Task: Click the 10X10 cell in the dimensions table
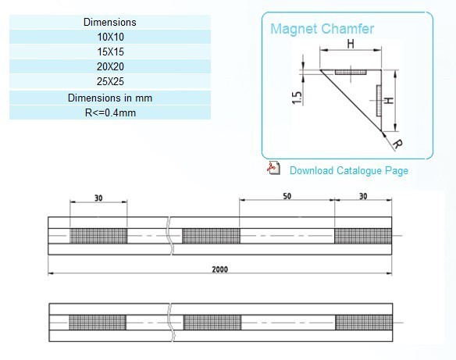pyautogui.click(x=110, y=37)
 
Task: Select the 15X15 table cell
pyautogui.click(x=110, y=52)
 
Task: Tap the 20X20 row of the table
pyautogui.click(x=110, y=66)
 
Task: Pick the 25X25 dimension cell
pyautogui.click(x=110, y=81)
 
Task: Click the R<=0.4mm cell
pyautogui.click(x=110, y=112)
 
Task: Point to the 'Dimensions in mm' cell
pyautogui.click(x=110, y=98)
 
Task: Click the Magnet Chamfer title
pyautogui.click(x=322, y=29)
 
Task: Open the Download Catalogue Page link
pyautogui.click(x=349, y=170)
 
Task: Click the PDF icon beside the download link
pyautogui.click(x=273, y=168)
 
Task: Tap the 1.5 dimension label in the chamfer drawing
pyautogui.click(x=297, y=98)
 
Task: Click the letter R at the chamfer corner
pyautogui.click(x=397, y=144)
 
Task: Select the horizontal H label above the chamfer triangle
pyautogui.click(x=351, y=44)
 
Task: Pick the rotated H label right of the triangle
pyautogui.click(x=389, y=101)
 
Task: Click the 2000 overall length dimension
pyautogui.click(x=220, y=269)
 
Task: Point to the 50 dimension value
pyautogui.click(x=287, y=196)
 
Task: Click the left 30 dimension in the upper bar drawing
pyautogui.click(x=98, y=198)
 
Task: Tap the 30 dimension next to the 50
pyautogui.click(x=363, y=197)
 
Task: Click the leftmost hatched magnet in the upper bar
pyautogui.click(x=98, y=236)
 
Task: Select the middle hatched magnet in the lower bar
pyautogui.click(x=212, y=323)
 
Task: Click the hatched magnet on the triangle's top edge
pyautogui.click(x=351, y=72)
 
